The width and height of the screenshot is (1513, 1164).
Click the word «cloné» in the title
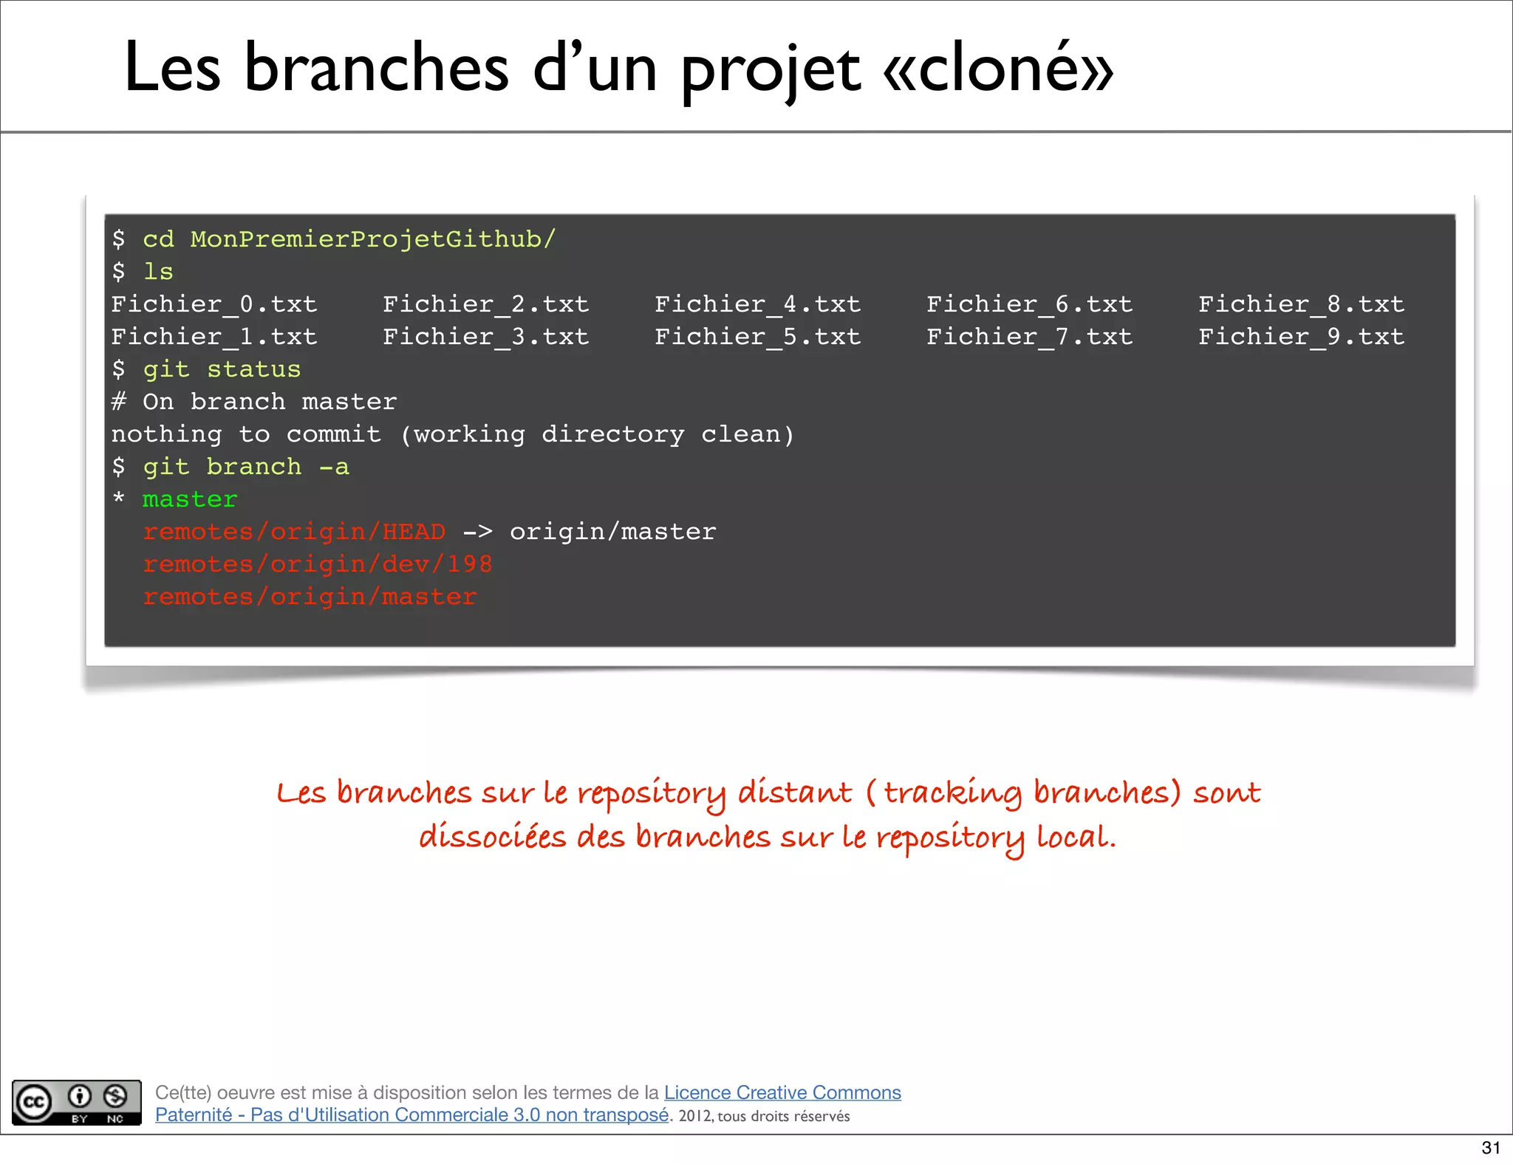[x=998, y=68]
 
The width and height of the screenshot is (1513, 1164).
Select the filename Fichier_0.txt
[x=214, y=304]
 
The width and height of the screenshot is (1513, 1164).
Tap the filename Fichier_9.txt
[x=1301, y=337]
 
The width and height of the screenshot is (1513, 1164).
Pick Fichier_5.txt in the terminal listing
[x=757, y=337]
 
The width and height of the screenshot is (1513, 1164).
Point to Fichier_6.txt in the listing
[x=1029, y=304]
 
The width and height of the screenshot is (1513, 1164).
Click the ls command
[x=158, y=272]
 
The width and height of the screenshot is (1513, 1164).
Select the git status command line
[x=222, y=369]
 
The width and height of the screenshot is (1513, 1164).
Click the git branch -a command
[x=245, y=467]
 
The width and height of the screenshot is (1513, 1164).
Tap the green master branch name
[x=190, y=499]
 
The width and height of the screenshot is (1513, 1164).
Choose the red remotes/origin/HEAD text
[x=294, y=532]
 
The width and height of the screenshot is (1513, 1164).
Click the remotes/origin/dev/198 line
[x=318, y=564]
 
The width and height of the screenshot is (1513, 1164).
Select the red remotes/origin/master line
[x=310, y=597]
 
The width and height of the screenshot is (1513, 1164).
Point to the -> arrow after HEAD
[x=477, y=532]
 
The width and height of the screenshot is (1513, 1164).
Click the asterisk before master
[x=118, y=498]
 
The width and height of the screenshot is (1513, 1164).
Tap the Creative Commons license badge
[x=77, y=1103]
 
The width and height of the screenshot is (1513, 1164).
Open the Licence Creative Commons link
[x=782, y=1092]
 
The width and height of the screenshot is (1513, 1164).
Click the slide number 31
[x=1491, y=1148]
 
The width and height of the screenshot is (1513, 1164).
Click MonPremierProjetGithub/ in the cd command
[x=372, y=239]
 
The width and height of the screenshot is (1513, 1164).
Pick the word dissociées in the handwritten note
[x=492, y=838]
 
